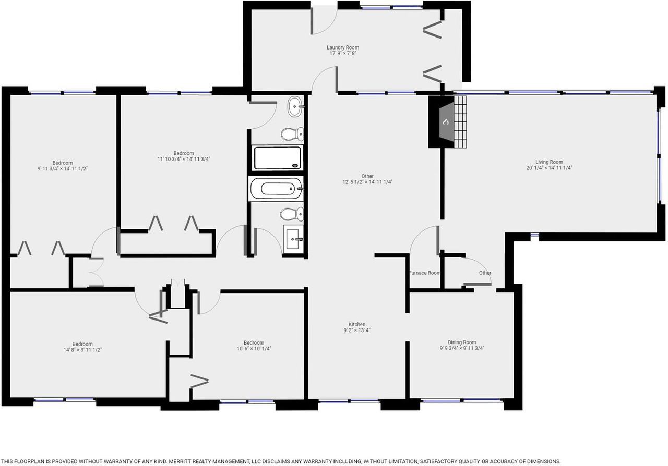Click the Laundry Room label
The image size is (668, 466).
(343, 47)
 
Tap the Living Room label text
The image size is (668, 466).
(549, 162)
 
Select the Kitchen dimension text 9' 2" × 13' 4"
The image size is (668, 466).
(357, 330)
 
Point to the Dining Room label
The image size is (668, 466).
(462, 342)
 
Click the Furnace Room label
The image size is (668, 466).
(424, 273)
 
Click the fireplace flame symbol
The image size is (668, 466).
(446, 121)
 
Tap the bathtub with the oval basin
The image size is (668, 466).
(277, 189)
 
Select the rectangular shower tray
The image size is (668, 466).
(277, 158)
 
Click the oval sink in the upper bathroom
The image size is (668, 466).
(295, 106)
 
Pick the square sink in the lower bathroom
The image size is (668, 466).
(293, 239)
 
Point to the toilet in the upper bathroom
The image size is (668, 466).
(292, 134)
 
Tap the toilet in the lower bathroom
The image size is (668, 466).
(292, 214)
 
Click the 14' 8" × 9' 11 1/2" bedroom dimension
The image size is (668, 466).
(82, 350)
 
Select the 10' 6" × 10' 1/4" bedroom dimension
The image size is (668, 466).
(254, 349)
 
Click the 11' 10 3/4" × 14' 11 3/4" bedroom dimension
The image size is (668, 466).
(184, 159)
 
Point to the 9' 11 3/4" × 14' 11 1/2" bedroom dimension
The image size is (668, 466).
(62, 169)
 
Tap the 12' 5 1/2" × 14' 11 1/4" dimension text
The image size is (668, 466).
(367, 182)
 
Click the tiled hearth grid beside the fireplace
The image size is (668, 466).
(460, 121)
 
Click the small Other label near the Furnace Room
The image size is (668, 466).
(485, 273)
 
